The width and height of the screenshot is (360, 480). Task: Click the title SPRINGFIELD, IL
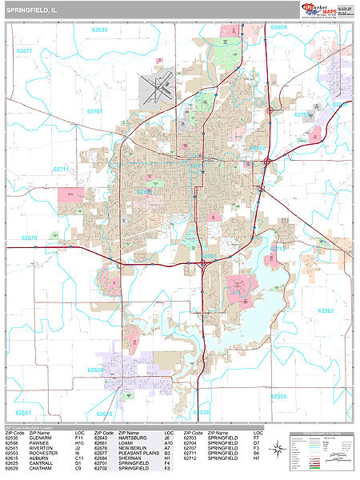[x=32, y=10]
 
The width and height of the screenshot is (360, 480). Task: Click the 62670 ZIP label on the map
[x=30, y=238]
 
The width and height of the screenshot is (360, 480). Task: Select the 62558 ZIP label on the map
[x=278, y=396]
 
